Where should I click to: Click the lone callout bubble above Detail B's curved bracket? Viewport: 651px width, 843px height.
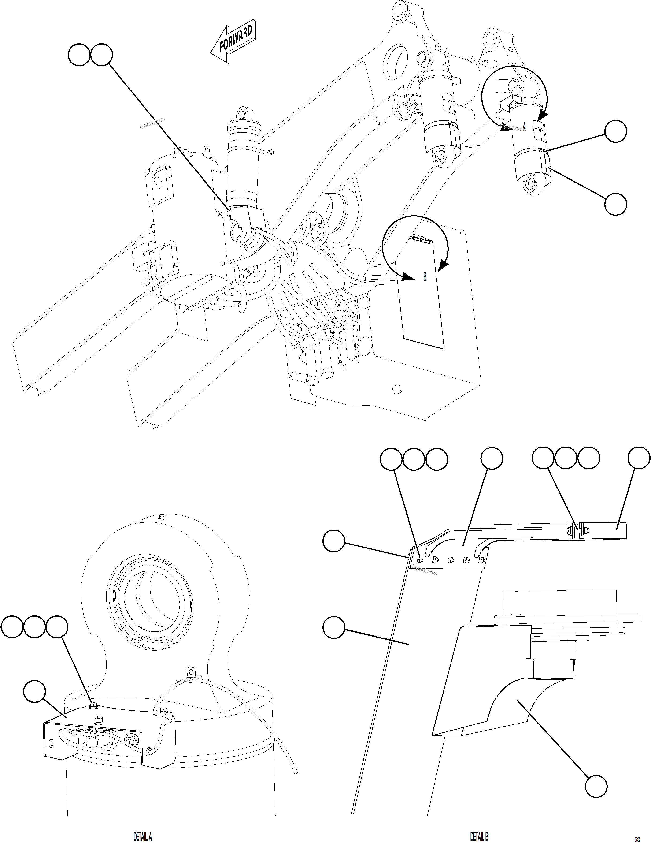coord(492,459)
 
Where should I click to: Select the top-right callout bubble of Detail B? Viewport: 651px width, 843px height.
coord(639,459)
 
